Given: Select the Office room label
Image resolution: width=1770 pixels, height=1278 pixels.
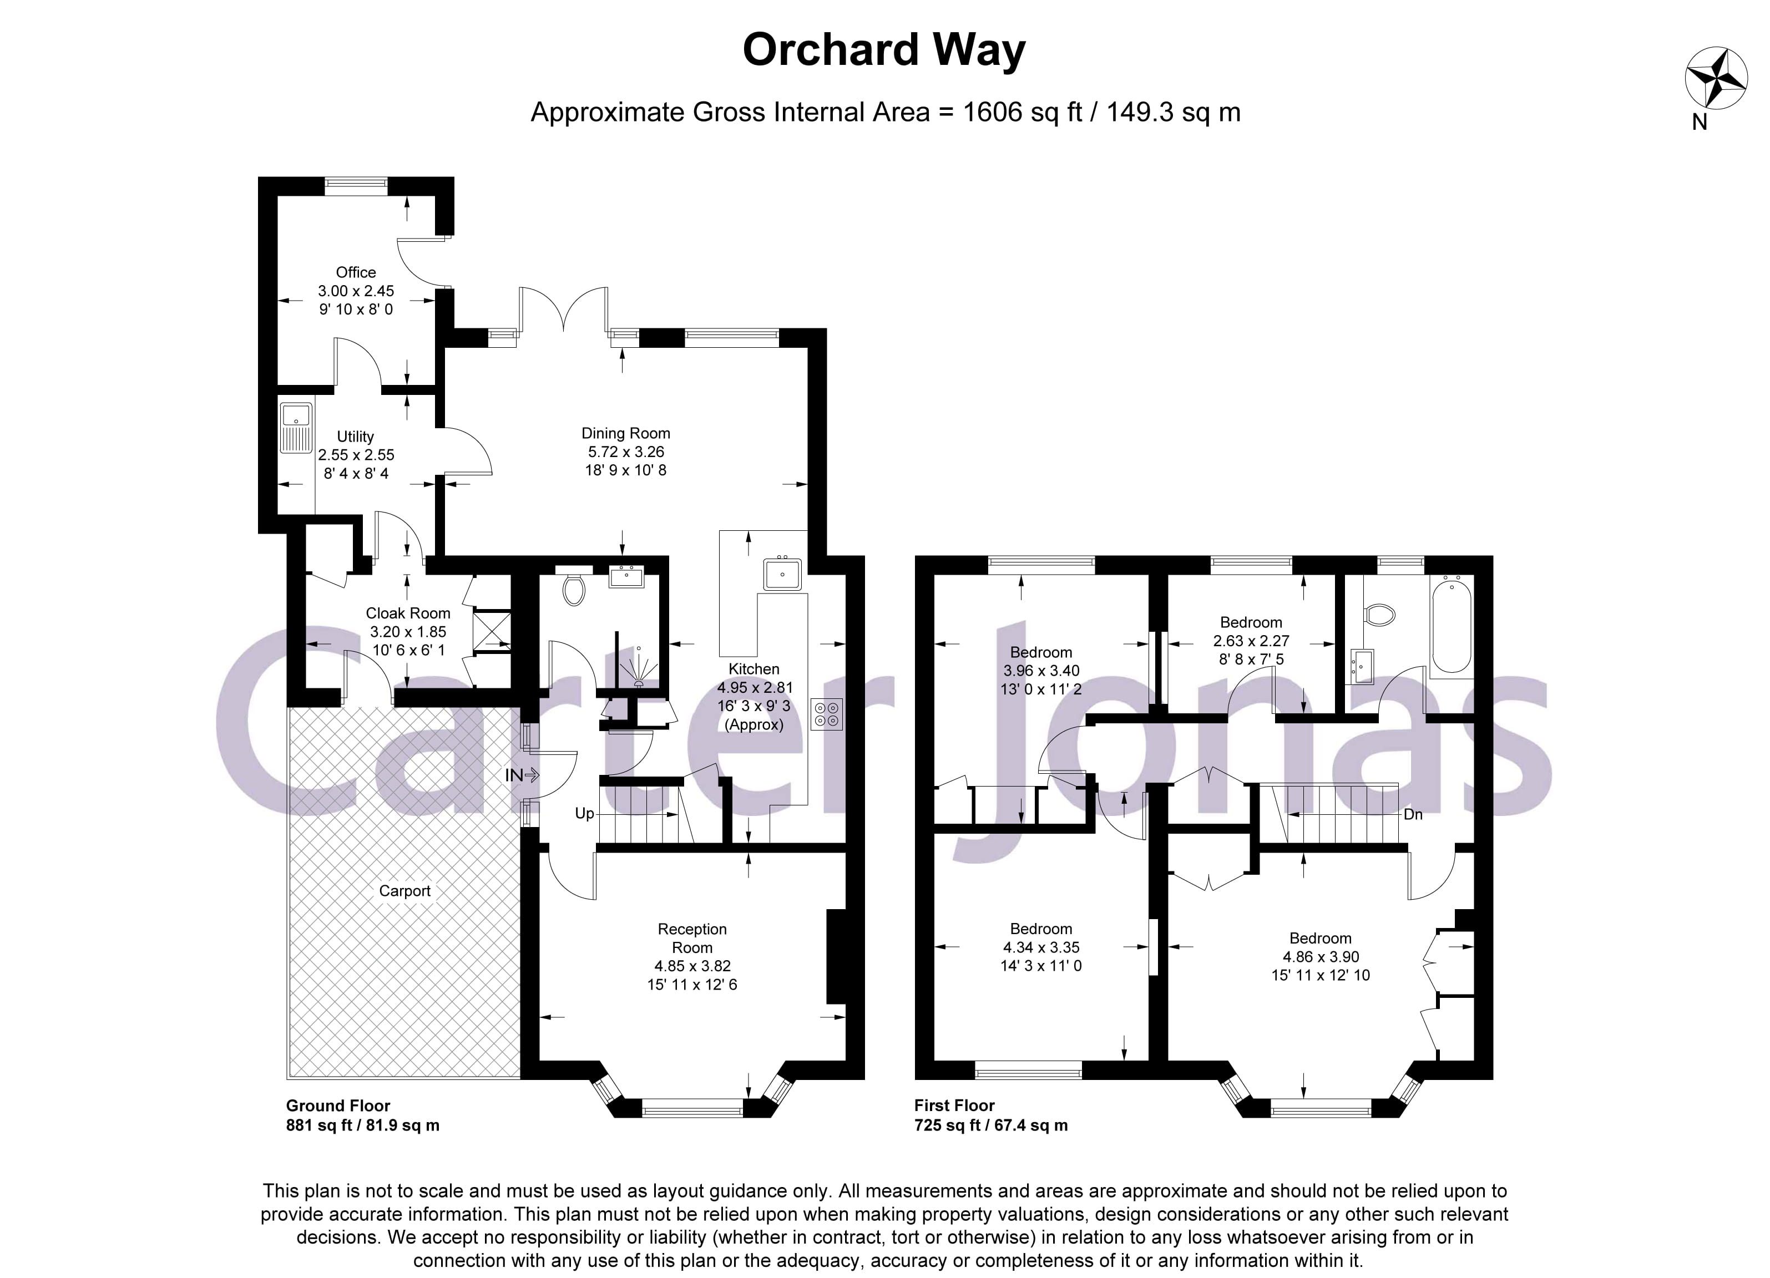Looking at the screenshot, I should (x=356, y=272).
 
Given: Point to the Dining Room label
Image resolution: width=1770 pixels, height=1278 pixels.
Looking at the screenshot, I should (x=626, y=433).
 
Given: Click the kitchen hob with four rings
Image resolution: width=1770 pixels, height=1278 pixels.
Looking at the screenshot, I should (x=827, y=714).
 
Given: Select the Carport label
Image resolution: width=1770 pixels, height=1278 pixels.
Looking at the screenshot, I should (x=404, y=891).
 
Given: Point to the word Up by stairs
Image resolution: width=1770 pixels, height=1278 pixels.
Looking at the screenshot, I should (x=584, y=813).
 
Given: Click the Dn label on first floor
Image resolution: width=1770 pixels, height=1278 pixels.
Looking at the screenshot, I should (x=1413, y=814).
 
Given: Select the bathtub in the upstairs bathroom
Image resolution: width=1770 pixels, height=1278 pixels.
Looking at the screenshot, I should (x=1452, y=623).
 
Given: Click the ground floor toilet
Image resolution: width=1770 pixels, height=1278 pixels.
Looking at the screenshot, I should (x=574, y=591).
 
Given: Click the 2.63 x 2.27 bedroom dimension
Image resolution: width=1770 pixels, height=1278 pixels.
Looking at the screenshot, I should (x=1251, y=641).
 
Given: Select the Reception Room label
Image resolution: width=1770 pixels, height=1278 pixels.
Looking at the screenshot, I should (x=691, y=938).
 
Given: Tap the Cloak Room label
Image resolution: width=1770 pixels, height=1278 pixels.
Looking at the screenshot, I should (x=408, y=613).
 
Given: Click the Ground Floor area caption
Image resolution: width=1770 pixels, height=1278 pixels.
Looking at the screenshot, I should (x=338, y=1105).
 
